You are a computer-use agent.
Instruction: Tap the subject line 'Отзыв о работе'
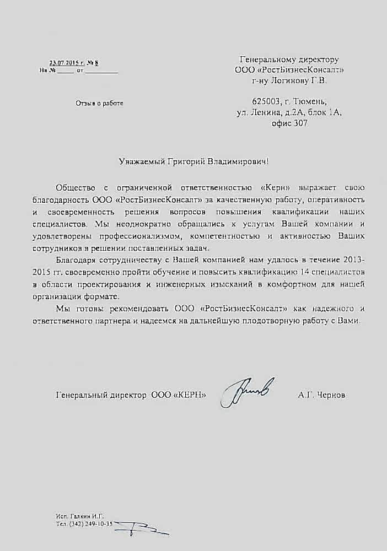[x=99, y=103]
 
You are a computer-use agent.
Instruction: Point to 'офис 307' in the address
[x=289, y=124]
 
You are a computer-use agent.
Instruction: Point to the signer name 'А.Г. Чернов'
[x=322, y=395]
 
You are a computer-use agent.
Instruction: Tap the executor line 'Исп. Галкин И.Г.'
[x=80, y=515]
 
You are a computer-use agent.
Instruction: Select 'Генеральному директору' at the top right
[x=289, y=59]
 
